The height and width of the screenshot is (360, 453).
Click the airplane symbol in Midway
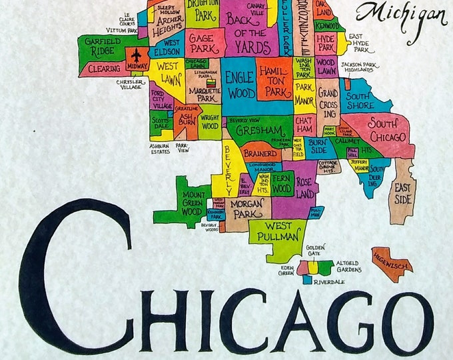(138, 55)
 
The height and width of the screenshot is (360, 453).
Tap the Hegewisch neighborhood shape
(392, 261)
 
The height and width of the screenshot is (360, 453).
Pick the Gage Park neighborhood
(201, 43)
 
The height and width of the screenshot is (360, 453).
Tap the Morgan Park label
(248, 207)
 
